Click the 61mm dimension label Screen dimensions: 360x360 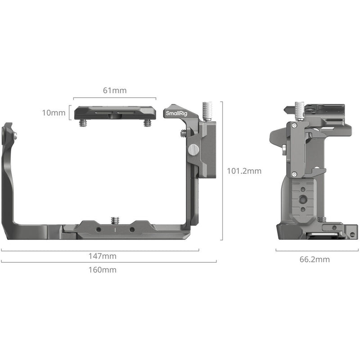tap(115, 90)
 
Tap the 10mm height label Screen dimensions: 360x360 tap(54, 113)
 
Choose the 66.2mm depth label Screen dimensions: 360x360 tap(315, 259)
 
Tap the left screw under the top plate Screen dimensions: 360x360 tap(83, 122)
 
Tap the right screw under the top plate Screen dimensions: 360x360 tap(147, 122)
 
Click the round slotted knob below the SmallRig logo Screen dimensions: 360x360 tap(193, 149)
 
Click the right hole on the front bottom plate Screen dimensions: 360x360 tap(132, 229)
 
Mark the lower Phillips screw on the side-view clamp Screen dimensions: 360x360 tap(295, 174)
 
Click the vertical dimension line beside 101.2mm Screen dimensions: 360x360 tap(222, 171)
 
